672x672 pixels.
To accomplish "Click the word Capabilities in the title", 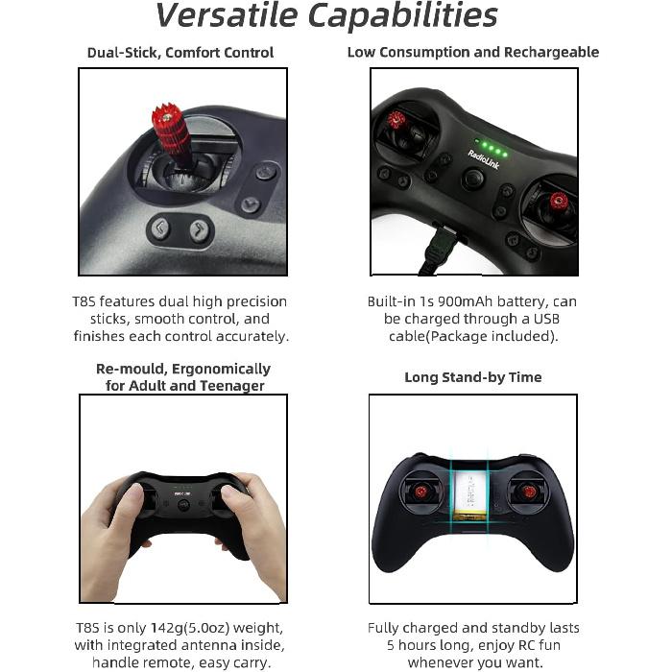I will click(x=415, y=16).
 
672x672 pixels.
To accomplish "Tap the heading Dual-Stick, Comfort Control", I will click(x=180, y=53).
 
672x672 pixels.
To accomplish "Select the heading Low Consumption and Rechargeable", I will click(x=473, y=52).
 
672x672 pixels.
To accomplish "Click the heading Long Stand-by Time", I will click(x=473, y=377).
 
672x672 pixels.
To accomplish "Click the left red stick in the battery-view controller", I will click(x=420, y=492).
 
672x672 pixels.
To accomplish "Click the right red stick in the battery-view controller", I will click(x=527, y=492).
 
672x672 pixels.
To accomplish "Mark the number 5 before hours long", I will click(x=391, y=645).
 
